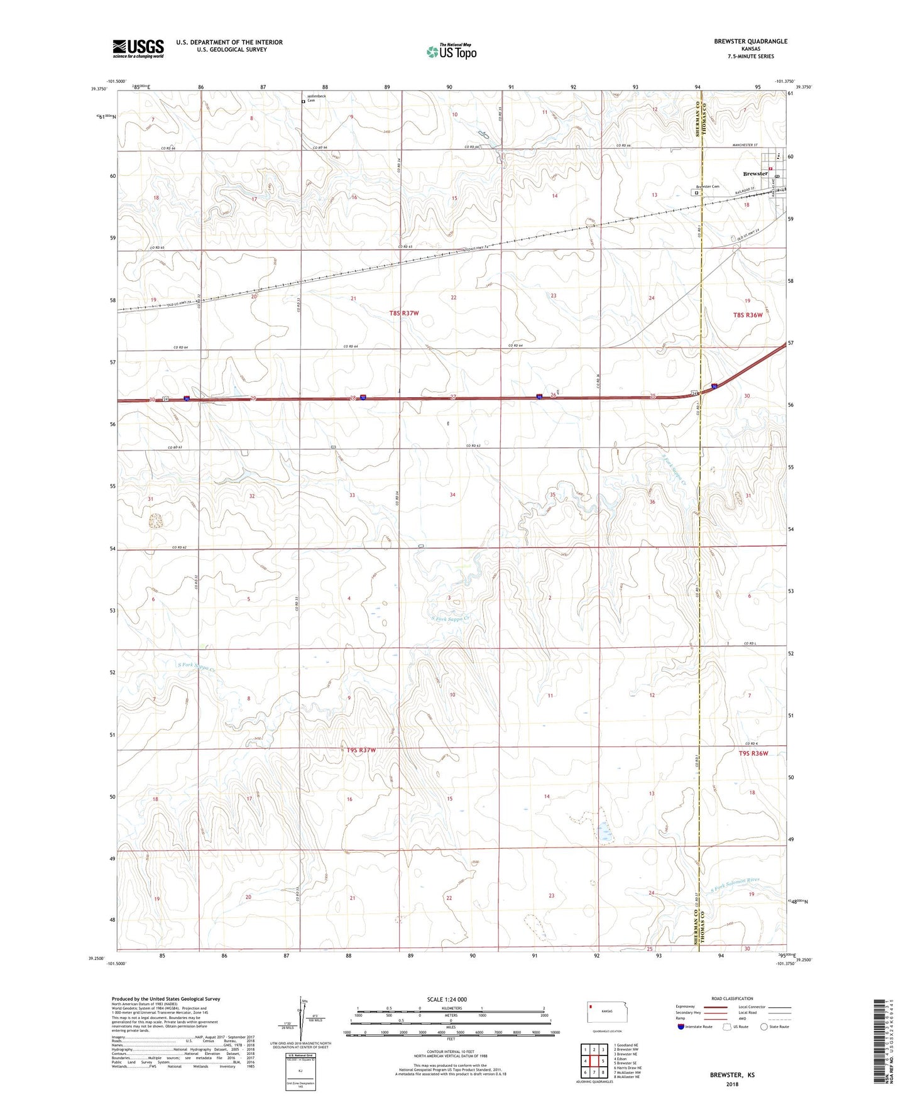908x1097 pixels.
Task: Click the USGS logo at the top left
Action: tap(138, 48)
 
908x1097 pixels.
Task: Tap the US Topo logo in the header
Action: tap(451, 52)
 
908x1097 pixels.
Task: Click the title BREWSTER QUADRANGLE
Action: tap(750, 41)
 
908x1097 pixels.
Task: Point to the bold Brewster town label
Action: tap(755, 173)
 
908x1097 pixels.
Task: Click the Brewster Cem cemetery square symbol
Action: tap(696, 193)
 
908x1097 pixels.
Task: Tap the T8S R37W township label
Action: tap(403, 313)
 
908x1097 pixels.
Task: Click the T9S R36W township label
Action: tap(753, 753)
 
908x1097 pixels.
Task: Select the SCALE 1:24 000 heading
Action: tap(447, 999)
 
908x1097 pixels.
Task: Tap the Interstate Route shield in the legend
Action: tap(682, 1027)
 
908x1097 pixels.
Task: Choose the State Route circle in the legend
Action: tap(763, 1027)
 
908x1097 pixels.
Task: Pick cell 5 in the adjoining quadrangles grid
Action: tap(603, 1061)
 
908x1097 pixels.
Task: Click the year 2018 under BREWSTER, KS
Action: tap(732, 1084)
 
